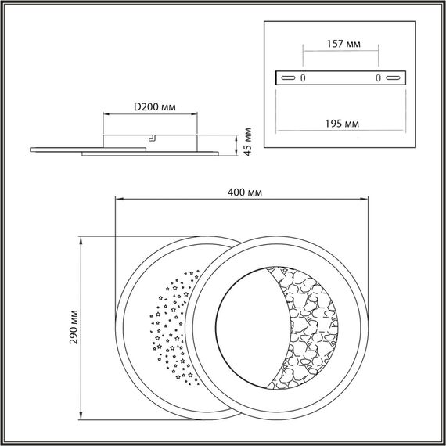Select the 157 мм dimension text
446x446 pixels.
tap(341, 45)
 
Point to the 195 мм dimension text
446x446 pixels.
tap(341, 124)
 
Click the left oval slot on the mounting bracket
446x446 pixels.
tap(289, 78)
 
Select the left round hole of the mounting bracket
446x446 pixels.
tap(304, 78)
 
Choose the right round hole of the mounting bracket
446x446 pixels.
tap(379, 78)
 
